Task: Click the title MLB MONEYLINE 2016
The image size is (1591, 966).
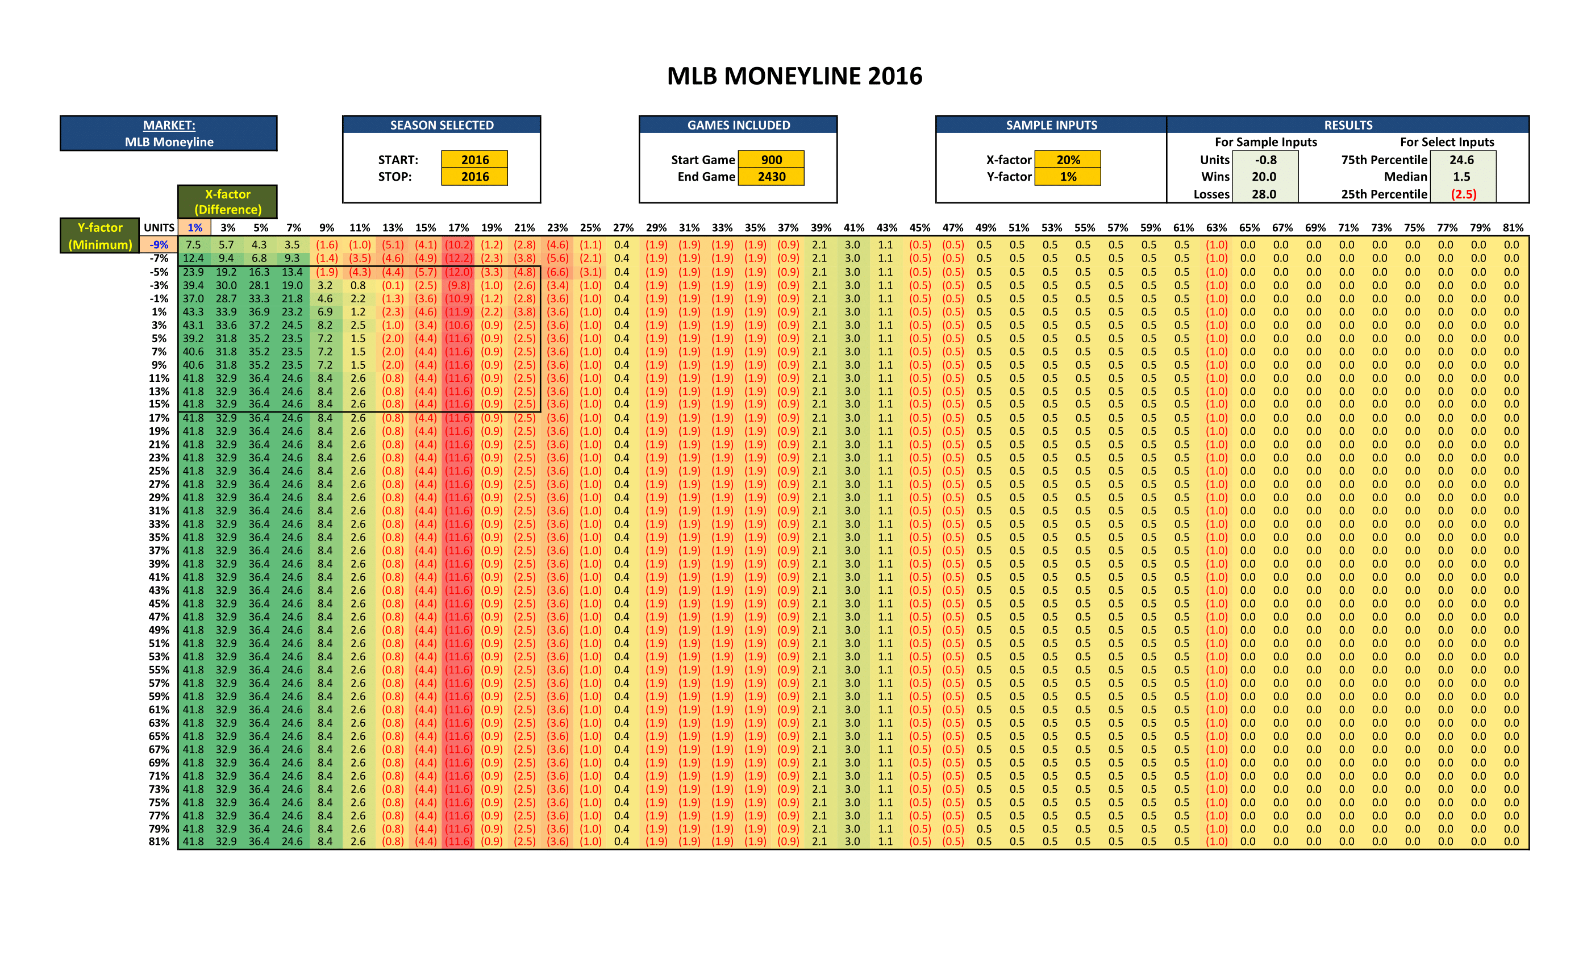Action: [x=794, y=76]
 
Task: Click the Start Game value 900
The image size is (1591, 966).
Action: [x=771, y=160]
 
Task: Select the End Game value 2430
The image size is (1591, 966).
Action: [x=771, y=176]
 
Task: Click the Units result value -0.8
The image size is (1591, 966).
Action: [x=1265, y=160]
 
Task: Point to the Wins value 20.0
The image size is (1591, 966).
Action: [x=1264, y=176]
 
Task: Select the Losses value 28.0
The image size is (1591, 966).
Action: [x=1264, y=194]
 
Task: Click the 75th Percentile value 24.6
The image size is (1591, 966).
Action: [x=1461, y=160]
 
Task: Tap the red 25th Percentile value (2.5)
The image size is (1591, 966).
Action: [x=1463, y=194]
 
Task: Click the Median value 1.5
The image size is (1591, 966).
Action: [x=1461, y=176]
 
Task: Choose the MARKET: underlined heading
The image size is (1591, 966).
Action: [x=169, y=125]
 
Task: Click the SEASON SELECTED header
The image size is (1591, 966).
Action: [x=442, y=125]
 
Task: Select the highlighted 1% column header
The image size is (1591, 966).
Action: [x=194, y=227]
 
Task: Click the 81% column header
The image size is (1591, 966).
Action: [x=1512, y=227]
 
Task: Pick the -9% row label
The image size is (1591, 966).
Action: [x=159, y=245]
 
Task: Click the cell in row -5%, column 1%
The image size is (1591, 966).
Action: [x=193, y=272]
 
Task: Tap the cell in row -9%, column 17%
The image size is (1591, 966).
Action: [x=459, y=245]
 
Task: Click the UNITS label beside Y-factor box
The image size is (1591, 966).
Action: [x=159, y=227]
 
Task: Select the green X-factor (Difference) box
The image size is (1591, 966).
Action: [x=227, y=202]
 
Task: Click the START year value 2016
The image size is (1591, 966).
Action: [x=474, y=160]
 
